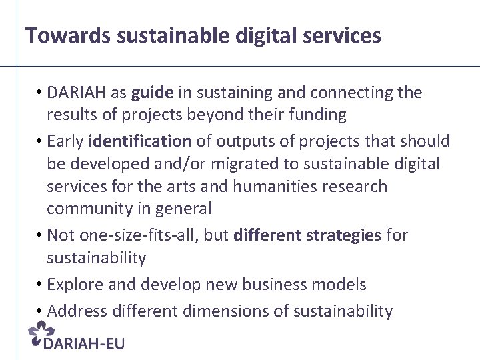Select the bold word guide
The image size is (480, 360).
[x=151, y=93]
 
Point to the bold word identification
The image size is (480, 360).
[x=139, y=141]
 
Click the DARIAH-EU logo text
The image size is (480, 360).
[x=83, y=343]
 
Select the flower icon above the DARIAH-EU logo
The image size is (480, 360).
[x=42, y=332]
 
